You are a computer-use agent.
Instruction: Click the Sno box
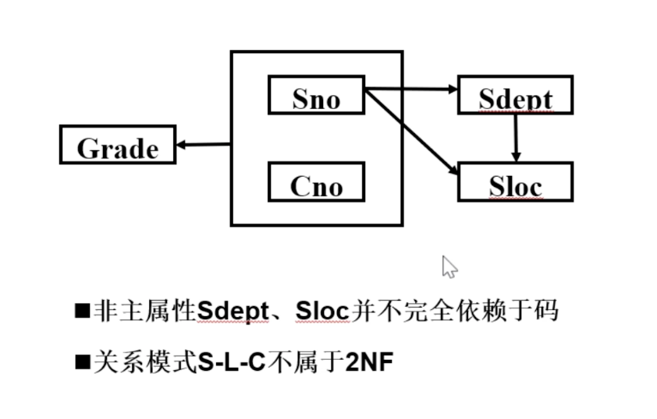316,95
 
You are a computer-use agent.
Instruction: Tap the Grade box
118,145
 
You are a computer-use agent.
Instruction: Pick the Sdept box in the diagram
515,96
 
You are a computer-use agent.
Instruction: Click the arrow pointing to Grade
203,145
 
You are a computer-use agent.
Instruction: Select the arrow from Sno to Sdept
411,90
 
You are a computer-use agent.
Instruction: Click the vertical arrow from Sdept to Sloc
515,139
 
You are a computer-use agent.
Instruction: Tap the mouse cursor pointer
449,266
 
